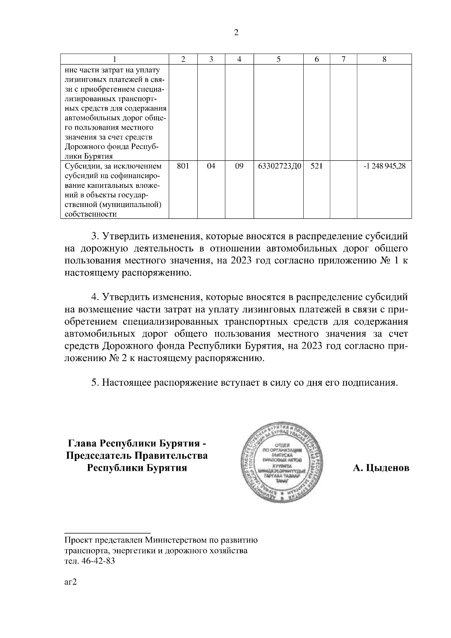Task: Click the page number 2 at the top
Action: (236, 33)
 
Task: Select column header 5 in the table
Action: (278, 59)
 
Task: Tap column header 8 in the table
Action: (384, 59)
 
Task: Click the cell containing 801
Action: (183, 166)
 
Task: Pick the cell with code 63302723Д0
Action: (280, 166)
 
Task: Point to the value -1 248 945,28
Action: (384, 166)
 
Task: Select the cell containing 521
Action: (316, 166)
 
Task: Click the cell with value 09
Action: (239, 166)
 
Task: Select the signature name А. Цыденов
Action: (381, 469)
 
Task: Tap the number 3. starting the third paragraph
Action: (95, 237)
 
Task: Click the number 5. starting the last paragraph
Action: (95, 383)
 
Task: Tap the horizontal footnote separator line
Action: (107, 532)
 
